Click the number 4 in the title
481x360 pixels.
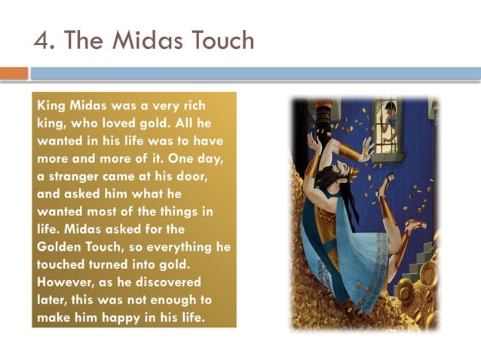[x=41, y=41]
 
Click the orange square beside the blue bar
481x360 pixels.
[x=14, y=73]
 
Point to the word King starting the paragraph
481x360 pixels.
[x=51, y=105]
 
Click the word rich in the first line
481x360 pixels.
[x=189, y=105]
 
